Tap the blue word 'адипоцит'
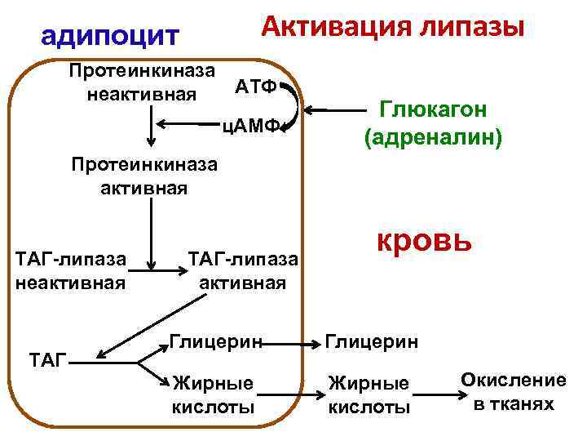click(109, 36)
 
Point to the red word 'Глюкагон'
click(433, 109)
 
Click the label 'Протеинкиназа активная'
click(144, 176)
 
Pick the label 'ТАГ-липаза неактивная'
click(71, 271)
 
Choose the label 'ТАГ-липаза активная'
click(244, 271)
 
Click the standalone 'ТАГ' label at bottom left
click(47, 357)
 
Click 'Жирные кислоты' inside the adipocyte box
click(213, 394)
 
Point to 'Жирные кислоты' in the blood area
click(369, 394)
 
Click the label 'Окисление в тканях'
click(514, 391)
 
